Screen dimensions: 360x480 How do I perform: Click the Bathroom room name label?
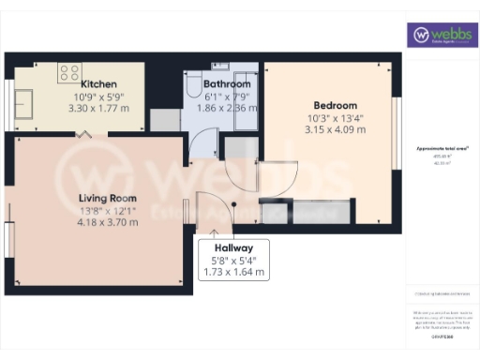(225, 82)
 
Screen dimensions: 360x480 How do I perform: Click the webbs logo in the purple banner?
(442, 35)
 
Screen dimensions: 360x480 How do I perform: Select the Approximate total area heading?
(442, 149)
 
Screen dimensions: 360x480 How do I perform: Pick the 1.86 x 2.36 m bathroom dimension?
(225, 108)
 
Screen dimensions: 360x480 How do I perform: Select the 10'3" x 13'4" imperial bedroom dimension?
(330, 117)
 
